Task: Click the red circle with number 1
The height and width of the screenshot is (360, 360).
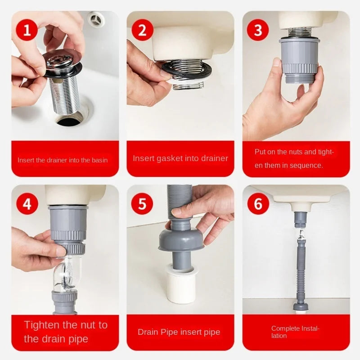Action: pyautogui.click(x=27, y=31)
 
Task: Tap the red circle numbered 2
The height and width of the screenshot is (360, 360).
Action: pyautogui.click(x=142, y=31)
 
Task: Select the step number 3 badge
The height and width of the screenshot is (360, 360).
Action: pyautogui.click(x=258, y=31)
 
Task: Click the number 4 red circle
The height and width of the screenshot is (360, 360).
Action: pyautogui.click(x=27, y=204)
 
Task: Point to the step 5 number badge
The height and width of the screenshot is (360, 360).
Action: pyautogui.click(x=142, y=204)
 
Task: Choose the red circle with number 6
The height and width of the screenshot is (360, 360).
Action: pyautogui.click(x=258, y=204)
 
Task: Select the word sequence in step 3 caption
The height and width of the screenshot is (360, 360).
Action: pyautogui.click(x=306, y=166)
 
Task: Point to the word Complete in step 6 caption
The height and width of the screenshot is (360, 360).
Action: pyautogui.click(x=285, y=328)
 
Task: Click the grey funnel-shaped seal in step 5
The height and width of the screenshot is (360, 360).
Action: pyautogui.click(x=181, y=238)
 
